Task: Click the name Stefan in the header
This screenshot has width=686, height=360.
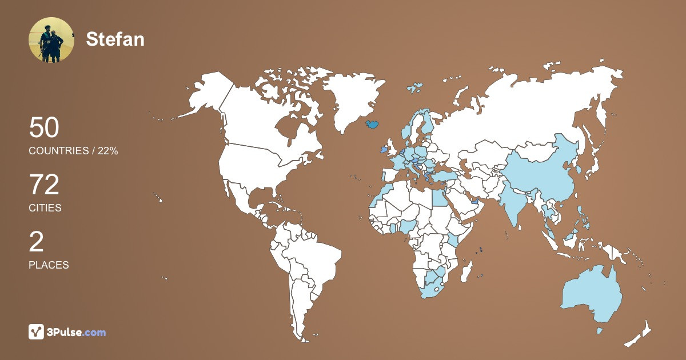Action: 115,39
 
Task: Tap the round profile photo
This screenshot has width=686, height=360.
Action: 51,40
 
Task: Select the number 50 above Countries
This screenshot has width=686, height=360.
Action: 44,128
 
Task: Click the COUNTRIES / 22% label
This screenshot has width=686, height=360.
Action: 73,151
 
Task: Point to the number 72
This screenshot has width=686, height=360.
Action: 44,186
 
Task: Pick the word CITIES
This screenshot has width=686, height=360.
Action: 45,208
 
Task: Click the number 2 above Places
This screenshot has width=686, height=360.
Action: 36,243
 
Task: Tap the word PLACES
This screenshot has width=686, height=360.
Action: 49,265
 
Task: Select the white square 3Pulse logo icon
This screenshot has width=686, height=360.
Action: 37,332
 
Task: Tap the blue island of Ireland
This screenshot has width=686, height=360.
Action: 383,150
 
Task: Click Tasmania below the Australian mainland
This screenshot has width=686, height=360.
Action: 600,330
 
